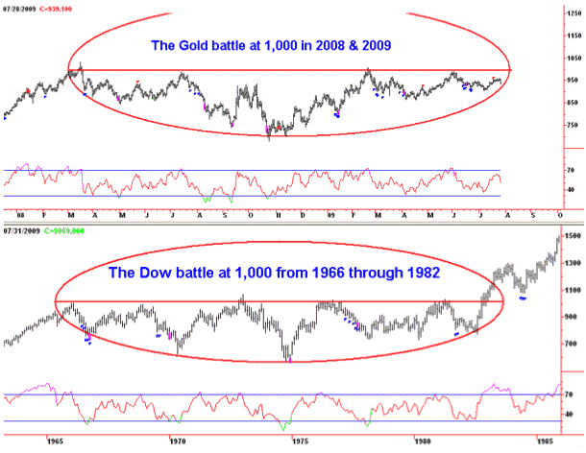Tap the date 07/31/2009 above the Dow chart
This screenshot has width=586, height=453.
(20, 232)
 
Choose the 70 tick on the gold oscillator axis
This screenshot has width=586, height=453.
(568, 171)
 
